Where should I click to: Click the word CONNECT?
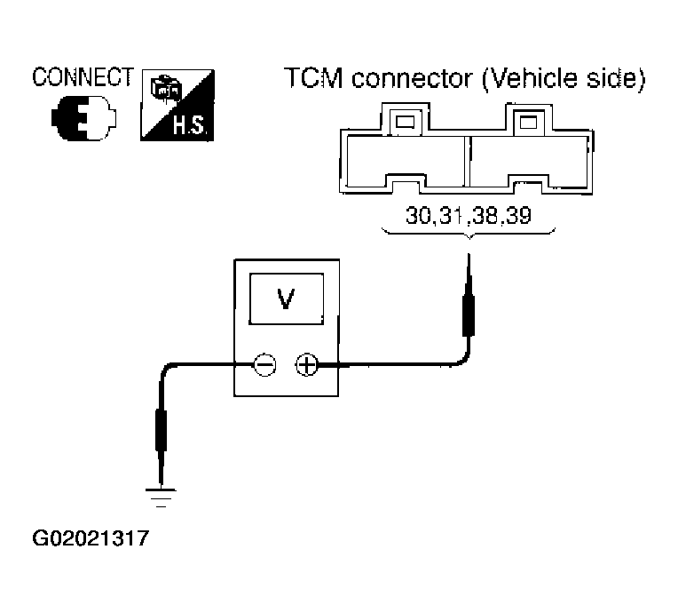click(x=83, y=77)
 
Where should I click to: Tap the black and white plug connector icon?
click(x=84, y=118)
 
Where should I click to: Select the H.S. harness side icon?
click(x=177, y=105)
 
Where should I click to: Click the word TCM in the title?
click(x=314, y=78)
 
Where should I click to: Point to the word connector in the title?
click(x=412, y=79)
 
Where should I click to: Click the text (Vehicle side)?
click(x=564, y=79)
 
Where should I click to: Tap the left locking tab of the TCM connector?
click(x=406, y=117)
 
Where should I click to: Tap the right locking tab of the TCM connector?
click(x=528, y=117)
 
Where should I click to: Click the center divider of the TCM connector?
click(x=467, y=162)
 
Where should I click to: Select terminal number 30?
click(x=419, y=215)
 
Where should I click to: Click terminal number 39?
click(x=518, y=215)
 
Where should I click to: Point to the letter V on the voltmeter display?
click(x=286, y=299)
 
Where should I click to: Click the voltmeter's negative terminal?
click(x=264, y=364)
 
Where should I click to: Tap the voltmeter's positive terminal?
click(x=307, y=364)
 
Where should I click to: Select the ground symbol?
click(x=161, y=498)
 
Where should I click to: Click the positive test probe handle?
click(x=469, y=315)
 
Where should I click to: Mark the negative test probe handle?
click(x=161, y=430)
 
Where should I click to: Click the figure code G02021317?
click(x=91, y=538)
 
